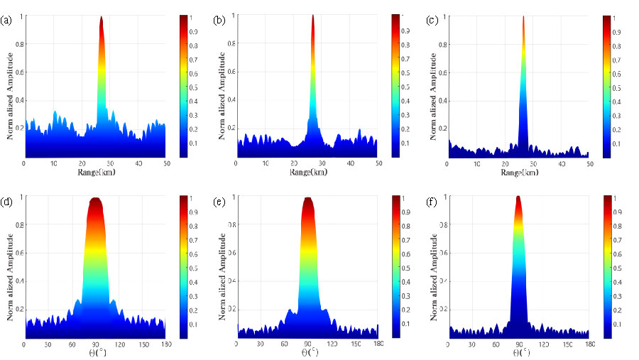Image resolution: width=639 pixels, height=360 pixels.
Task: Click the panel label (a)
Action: pos(7,21)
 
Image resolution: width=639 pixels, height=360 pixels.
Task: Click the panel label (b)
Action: pos(219,21)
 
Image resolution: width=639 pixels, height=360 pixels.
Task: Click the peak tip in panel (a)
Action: pos(102,17)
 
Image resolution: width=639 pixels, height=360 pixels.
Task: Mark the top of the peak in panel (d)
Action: pos(95,199)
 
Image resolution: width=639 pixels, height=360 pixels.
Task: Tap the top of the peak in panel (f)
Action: pos(518,197)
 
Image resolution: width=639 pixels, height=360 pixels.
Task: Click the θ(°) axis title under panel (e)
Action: pos(308,353)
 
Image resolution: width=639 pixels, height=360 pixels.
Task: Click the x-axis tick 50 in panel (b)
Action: pos(378,164)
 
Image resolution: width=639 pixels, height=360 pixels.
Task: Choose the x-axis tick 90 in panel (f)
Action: pos(518,344)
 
